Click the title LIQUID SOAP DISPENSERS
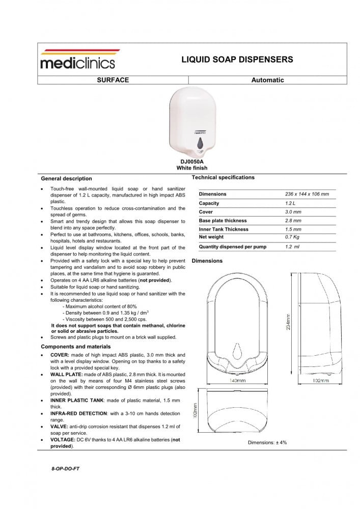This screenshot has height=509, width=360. (x=237, y=60)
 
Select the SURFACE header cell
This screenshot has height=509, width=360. (x=113, y=80)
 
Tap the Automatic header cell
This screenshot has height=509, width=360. (x=267, y=80)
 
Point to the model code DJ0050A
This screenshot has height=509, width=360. (x=192, y=161)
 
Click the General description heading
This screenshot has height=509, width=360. (x=66, y=179)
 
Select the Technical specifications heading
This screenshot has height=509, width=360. (x=223, y=177)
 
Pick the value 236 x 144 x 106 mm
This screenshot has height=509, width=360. (x=307, y=194)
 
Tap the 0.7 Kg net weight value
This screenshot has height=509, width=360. (x=293, y=237)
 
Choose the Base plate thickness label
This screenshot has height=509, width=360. (x=223, y=221)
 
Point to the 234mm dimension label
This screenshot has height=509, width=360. (x=289, y=321)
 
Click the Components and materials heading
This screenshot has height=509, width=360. (x=73, y=346)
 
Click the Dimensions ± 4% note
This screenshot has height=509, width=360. (x=267, y=442)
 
